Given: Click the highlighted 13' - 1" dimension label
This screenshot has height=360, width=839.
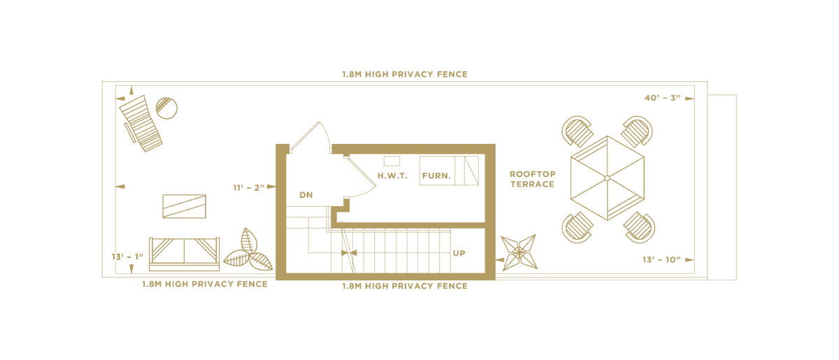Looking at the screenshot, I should [x=127, y=257].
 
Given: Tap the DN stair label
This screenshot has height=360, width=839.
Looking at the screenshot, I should [x=305, y=194].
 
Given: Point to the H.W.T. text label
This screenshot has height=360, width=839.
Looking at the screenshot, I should [x=392, y=175].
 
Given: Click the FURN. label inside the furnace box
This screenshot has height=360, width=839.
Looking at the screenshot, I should [x=435, y=175].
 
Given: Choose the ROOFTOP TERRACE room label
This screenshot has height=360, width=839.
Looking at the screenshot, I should [x=532, y=178].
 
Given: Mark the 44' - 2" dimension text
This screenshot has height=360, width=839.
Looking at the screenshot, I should [x=666, y=99].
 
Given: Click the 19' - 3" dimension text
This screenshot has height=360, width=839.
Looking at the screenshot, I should [x=251, y=187].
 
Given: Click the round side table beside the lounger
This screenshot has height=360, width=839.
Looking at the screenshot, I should [x=166, y=108].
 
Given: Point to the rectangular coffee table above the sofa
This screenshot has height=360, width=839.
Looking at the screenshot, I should [x=184, y=206].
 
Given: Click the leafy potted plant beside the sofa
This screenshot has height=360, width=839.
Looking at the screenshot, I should [x=248, y=251].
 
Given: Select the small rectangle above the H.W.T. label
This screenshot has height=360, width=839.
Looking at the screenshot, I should [x=392, y=161].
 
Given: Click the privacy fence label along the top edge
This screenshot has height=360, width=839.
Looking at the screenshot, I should [x=405, y=73].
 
